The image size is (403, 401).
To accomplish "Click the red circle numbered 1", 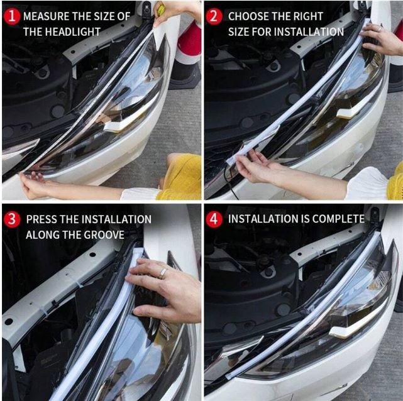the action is tap(12, 16).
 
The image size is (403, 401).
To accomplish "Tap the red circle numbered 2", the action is tap(214, 16).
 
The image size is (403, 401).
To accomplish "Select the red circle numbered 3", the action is tap(12, 219).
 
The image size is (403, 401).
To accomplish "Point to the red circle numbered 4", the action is tap(214, 219).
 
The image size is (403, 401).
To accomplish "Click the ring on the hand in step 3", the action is tap(162, 273).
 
